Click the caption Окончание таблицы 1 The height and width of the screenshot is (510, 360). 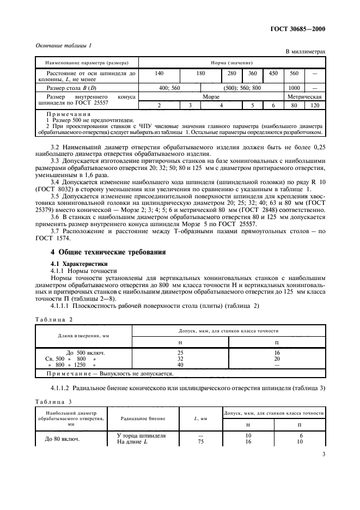click(x=63, y=46)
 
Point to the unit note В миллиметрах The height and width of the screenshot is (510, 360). click(x=305, y=52)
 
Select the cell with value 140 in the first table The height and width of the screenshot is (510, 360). click(x=159, y=72)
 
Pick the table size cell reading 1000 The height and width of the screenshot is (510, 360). click(x=294, y=87)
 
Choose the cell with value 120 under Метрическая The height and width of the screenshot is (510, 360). click(x=315, y=105)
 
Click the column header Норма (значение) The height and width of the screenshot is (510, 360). click(x=232, y=62)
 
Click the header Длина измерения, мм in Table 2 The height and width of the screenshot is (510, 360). click(x=83, y=335)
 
